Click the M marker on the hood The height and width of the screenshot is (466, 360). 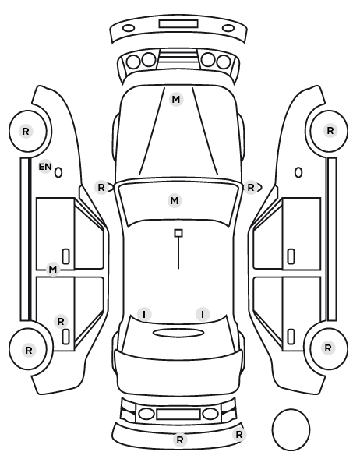point(176,99)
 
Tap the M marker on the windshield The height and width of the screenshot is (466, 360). point(175,200)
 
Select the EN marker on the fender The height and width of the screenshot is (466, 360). point(45,167)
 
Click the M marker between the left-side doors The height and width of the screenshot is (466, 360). point(53,270)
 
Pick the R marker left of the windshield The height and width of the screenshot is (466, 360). point(101,188)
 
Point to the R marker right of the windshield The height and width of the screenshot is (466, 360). point(251,188)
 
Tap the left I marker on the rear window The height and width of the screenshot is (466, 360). point(144,314)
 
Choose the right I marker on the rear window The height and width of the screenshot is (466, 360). point(203,314)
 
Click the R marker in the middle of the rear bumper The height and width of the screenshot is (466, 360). point(180,440)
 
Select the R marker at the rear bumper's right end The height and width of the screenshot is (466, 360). point(239,435)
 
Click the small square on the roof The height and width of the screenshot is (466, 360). point(178,233)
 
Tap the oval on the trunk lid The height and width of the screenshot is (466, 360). point(178,333)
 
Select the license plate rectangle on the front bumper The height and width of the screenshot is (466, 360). point(178,24)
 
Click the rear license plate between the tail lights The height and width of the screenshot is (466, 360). point(178,414)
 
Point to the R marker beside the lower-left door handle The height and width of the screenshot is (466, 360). point(61,321)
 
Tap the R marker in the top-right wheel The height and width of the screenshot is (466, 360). point(330,130)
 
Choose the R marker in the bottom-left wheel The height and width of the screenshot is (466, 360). point(29,350)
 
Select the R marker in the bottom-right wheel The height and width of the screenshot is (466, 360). point(328,348)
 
